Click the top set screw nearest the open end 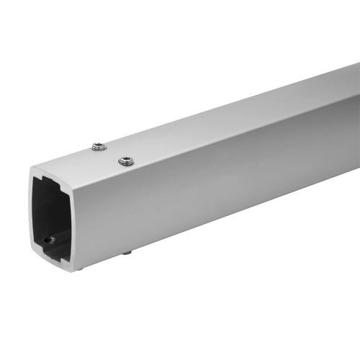99,148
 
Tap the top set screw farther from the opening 125,161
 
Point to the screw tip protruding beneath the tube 126,252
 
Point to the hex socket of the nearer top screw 99,147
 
